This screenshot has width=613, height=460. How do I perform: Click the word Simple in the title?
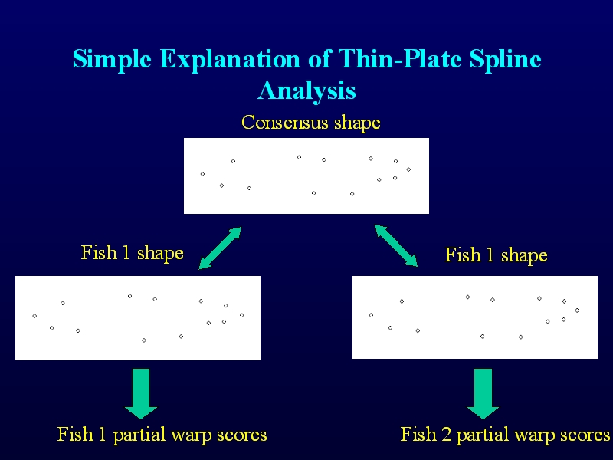112,60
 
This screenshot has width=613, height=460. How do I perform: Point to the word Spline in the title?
506,60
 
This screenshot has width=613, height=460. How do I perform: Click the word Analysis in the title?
307,90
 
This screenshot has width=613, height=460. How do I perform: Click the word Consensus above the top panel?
284,122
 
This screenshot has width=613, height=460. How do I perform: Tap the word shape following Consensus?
357,123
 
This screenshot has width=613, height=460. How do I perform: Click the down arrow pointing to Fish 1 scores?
141,393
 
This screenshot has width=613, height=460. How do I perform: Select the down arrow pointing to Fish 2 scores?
484,393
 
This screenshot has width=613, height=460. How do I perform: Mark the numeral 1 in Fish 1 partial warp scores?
103,434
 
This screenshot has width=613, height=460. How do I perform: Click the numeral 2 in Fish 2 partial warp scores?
447,434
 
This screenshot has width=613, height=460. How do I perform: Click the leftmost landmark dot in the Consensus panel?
202,174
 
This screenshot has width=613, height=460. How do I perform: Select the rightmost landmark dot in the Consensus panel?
408,169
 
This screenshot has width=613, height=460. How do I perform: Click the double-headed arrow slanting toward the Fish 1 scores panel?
220,248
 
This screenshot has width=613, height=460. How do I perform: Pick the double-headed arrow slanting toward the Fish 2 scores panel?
396,245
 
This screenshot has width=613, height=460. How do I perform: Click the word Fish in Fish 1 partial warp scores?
75,434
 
